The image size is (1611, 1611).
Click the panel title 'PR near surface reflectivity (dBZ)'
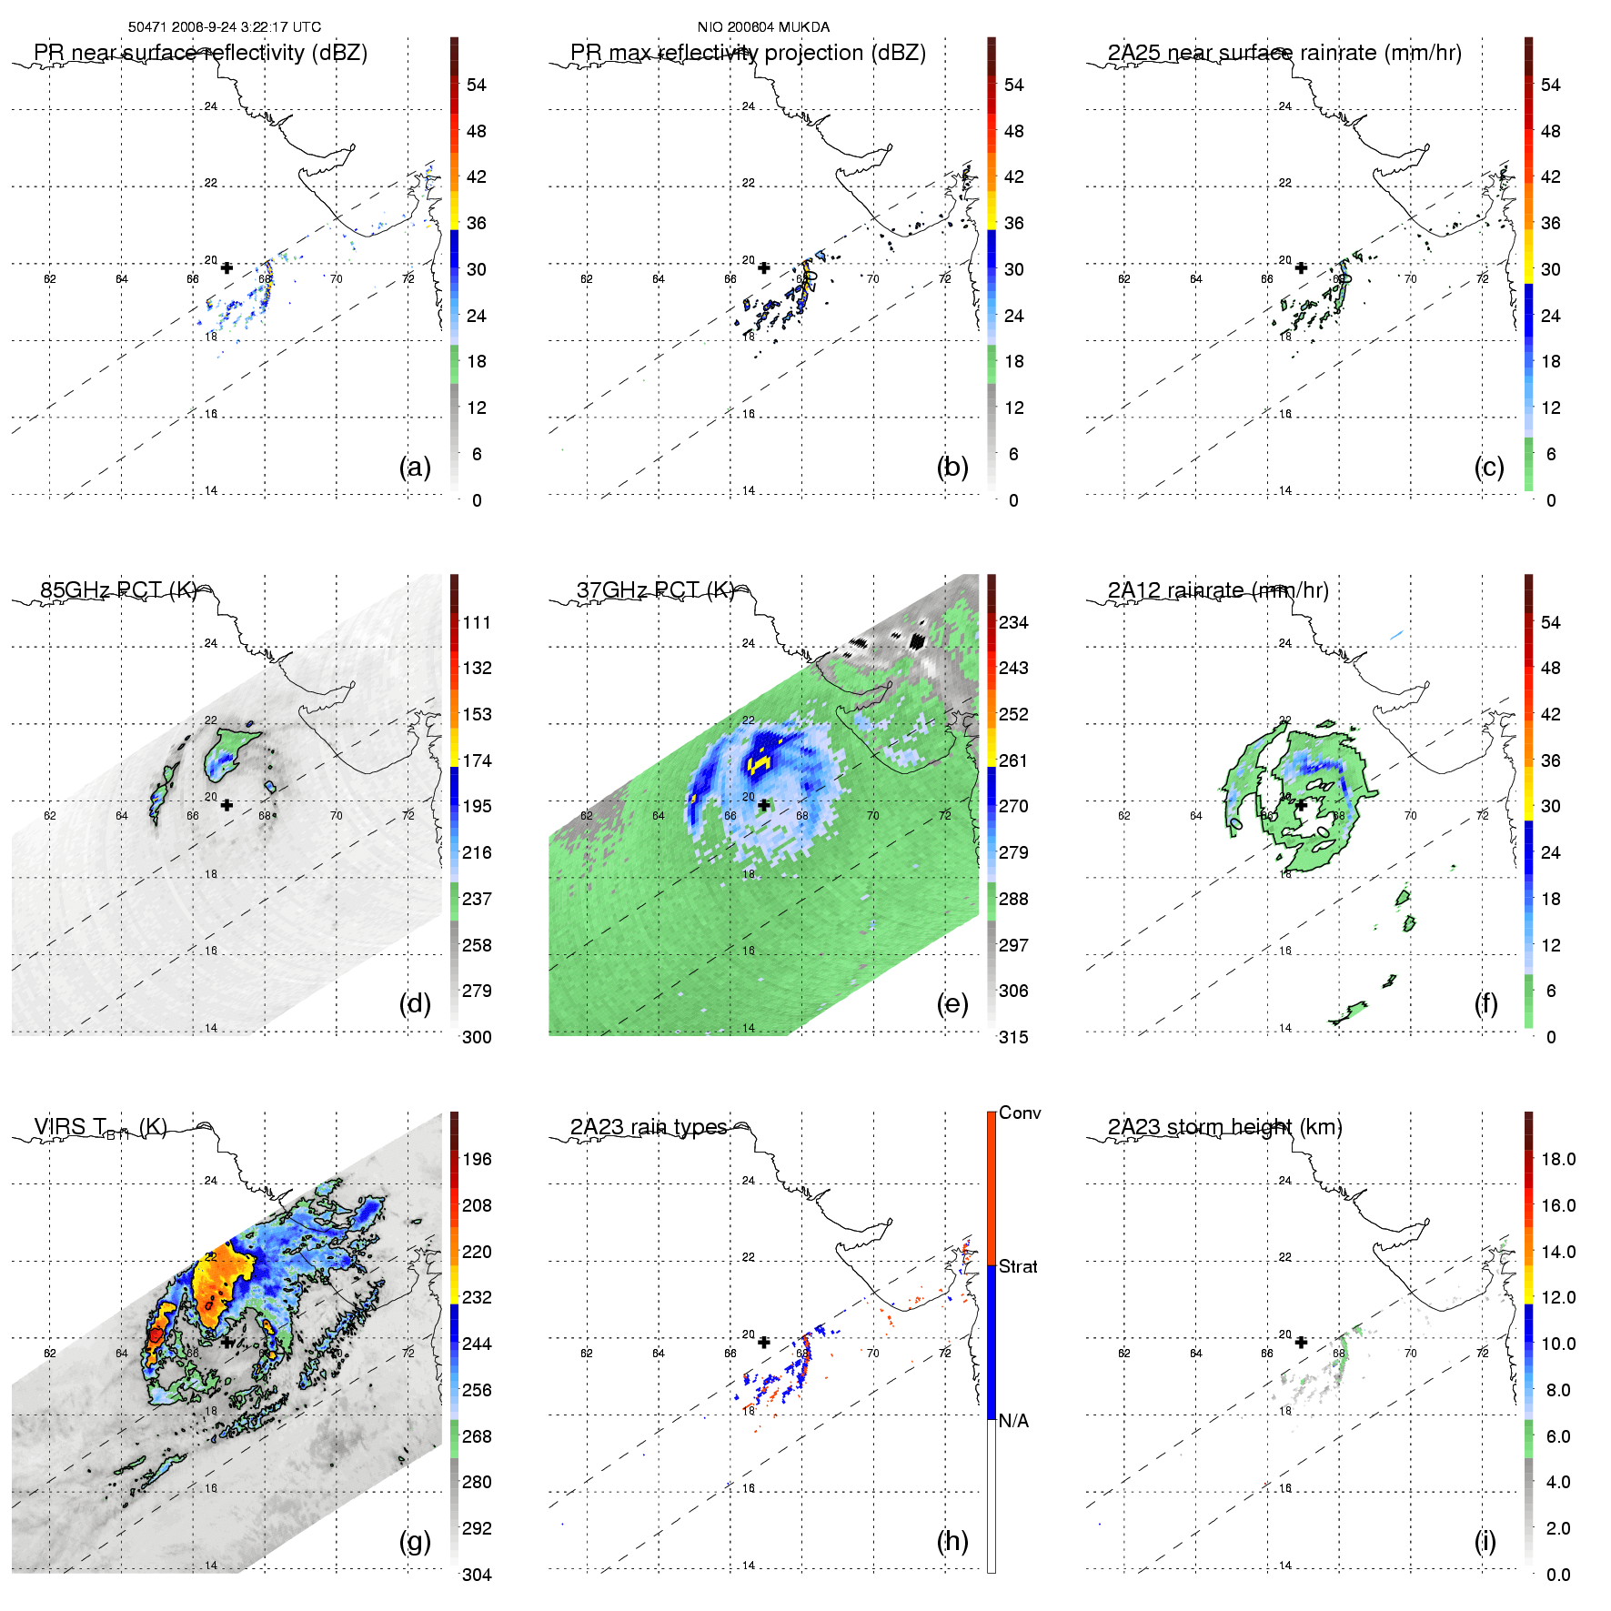200,53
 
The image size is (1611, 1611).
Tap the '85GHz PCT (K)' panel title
118,590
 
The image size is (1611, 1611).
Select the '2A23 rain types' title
649,1127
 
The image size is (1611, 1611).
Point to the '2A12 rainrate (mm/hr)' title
1218,590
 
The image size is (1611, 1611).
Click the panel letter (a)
415,467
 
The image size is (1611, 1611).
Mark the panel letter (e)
952,1003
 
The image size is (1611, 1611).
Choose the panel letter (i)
1485,1541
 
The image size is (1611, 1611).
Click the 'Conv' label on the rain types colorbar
1020,1113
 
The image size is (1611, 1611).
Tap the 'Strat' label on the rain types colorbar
1018,1266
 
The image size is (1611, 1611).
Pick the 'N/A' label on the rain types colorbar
1013,1421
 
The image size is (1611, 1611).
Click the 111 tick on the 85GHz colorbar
477,622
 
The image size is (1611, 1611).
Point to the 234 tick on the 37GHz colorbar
1013,622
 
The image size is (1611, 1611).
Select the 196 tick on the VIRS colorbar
477,1159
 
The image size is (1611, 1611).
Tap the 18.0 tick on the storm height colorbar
1558,1159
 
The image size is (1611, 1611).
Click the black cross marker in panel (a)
227,267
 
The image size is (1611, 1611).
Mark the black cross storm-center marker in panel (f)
1301,805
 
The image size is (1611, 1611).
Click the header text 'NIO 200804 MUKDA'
763,27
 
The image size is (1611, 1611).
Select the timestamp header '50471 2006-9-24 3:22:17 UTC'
225,27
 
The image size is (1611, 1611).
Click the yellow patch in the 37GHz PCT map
759,762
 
